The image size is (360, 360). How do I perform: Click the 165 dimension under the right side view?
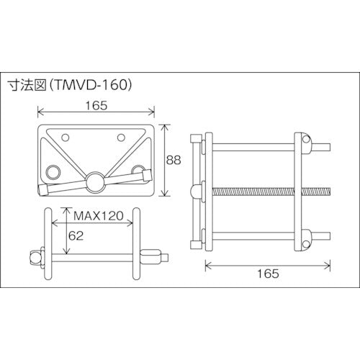[268, 274]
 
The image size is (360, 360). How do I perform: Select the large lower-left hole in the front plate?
[53, 171]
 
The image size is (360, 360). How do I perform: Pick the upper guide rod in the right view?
[252, 149]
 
